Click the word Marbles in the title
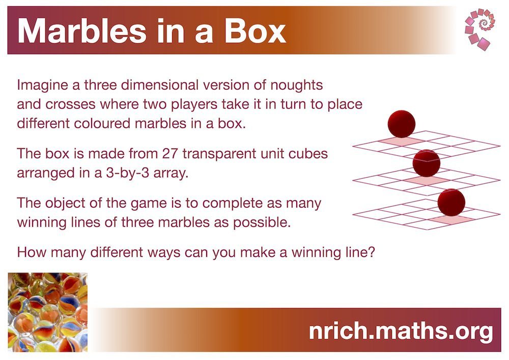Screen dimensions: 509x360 tap(82, 31)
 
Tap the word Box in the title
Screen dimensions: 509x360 tap(255, 31)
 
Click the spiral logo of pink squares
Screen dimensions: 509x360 tap(480, 29)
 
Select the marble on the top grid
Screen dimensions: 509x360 tap(402, 124)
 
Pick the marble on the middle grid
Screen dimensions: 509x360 tap(426, 163)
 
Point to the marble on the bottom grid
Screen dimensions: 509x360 tap(451, 203)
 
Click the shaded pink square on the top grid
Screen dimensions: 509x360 tap(402, 141)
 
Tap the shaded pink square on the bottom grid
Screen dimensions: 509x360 tap(451, 220)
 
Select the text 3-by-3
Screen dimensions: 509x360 tap(128, 173)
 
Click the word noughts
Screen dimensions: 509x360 tap(297, 85)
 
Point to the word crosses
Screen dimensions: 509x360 tap(70, 104)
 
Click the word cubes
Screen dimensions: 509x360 tap(311, 154)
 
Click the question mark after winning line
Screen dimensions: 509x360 tap(372, 252)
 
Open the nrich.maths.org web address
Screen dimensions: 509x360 tap(401, 331)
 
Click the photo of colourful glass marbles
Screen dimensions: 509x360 tap(48, 312)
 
